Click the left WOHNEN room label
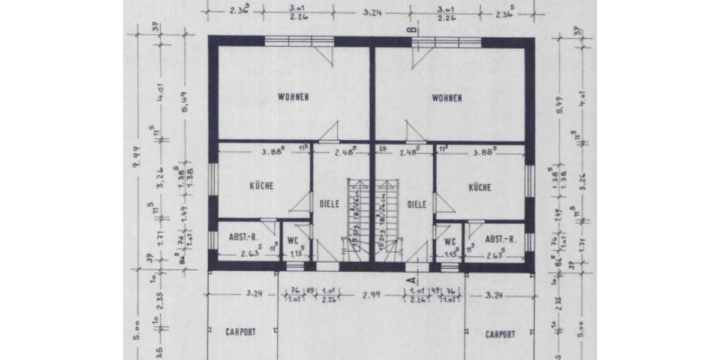[293, 97]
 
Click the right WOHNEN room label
[447, 98]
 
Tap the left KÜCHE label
[262, 186]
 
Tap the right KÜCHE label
[480, 187]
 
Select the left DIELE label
[329, 204]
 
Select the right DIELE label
[416, 204]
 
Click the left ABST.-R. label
[244, 238]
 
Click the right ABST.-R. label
[499, 238]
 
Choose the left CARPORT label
[241, 332]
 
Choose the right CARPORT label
[500, 334]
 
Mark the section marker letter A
[413, 278]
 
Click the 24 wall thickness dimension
[380, 148]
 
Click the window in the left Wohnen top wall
[299, 41]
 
